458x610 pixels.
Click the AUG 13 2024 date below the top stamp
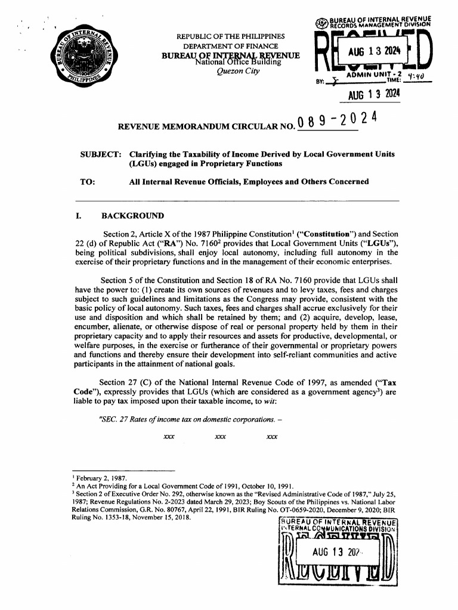(x=374, y=95)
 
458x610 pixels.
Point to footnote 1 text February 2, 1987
(x=95, y=478)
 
